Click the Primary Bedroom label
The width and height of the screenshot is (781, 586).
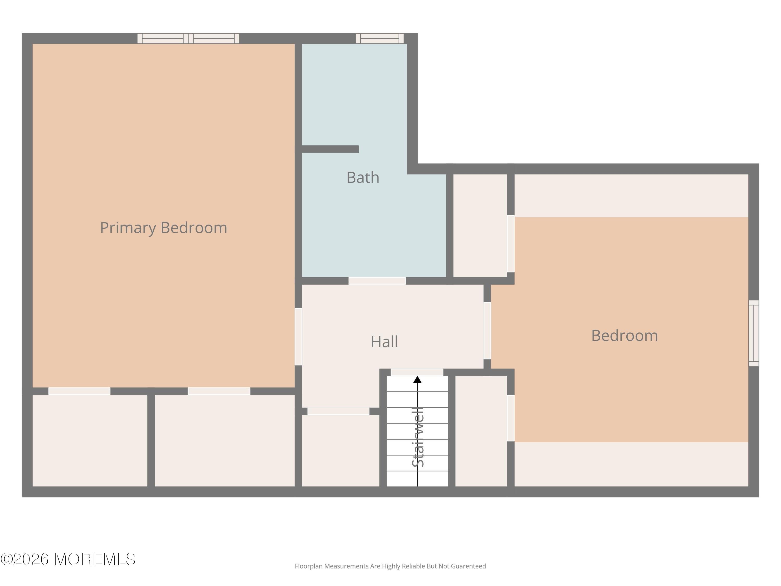tap(163, 228)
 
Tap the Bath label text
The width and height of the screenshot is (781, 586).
tap(363, 177)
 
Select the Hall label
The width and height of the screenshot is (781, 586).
tap(384, 341)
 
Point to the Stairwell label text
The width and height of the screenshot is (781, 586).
tap(418, 437)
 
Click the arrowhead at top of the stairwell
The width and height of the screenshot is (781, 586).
tap(417, 380)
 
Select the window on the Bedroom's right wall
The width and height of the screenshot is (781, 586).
tap(753, 333)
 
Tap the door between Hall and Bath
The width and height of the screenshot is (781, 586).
tap(377, 281)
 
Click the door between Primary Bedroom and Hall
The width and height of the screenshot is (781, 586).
tap(298, 336)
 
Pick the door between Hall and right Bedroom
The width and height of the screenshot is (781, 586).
tap(487, 331)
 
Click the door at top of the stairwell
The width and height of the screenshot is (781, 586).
tap(417, 372)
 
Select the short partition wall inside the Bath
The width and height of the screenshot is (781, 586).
tap(330, 149)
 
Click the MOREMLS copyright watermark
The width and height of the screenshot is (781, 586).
tap(68, 559)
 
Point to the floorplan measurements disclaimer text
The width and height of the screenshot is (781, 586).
tap(390, 566)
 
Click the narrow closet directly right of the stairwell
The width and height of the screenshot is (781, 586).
tap(481, 431)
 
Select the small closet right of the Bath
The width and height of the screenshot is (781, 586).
tap(480, 226)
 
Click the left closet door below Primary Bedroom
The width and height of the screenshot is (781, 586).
tap(79, 391)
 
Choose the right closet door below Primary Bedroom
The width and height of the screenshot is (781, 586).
tap(219, 391)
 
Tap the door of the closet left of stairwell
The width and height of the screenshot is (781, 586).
tap(338, 411)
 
